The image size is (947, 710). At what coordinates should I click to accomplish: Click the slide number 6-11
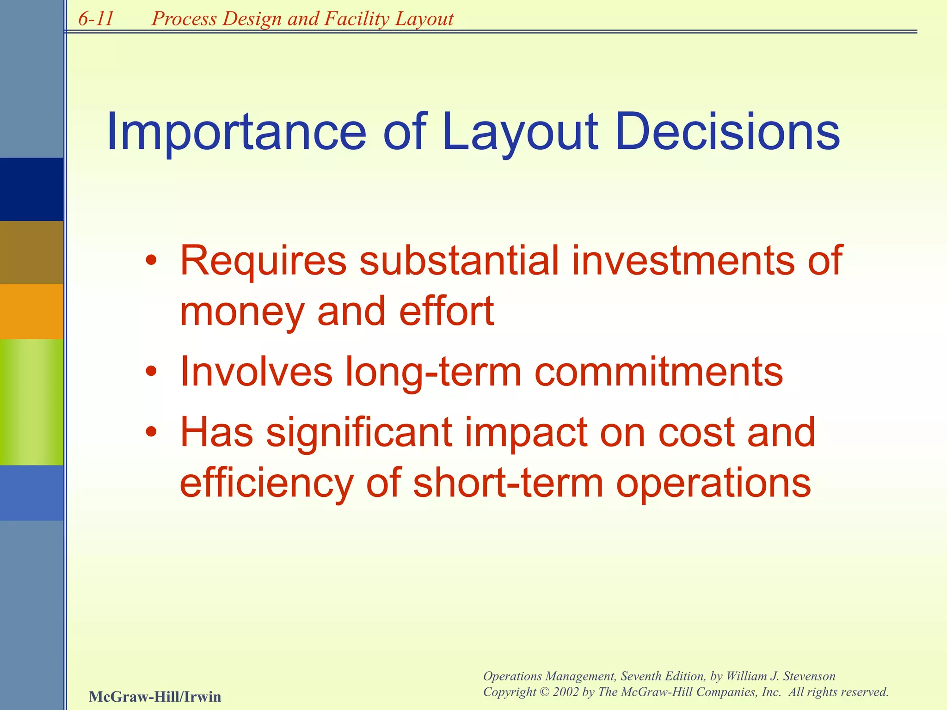pyautogui.click(x=96, y=19)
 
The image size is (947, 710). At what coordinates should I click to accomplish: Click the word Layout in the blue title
pyautogui.click(x=520, y=134)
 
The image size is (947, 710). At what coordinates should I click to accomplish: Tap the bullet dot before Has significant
pyautogui.click(x=151, y=433)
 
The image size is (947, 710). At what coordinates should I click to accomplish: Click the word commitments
pyautogui.click(x=658, y=372)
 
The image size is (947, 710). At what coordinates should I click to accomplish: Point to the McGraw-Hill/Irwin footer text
pyautogui.click(x=154, y=697)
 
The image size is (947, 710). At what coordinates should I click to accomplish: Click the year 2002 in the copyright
pyautogui.click(x=566, y=692)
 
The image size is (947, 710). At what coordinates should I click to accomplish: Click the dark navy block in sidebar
pyautogui.click(x=31, y=189)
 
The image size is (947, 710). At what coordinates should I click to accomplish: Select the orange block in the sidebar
pyautogui.click(x=31, y=311)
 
